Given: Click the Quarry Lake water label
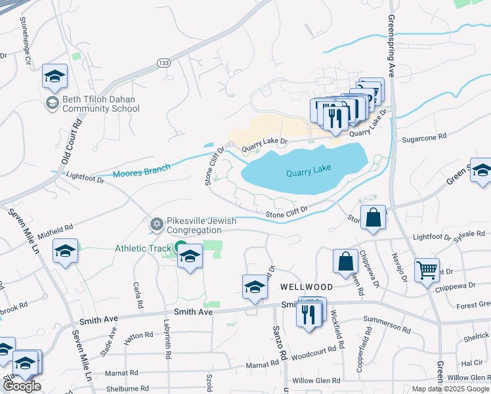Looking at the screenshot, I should (x=309, y=173).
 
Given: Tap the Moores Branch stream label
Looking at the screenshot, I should (x=141, y=171).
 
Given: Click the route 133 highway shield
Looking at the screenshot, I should (x=164, y=62).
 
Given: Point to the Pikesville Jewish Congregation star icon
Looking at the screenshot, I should (x=156, y=225).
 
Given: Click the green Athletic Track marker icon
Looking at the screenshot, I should (x=181, y=248).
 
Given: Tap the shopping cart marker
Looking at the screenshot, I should (x=427, y=269).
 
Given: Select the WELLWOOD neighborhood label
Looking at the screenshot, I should (x=305, y=288).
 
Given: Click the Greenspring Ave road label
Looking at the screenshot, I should (x=392, y=46).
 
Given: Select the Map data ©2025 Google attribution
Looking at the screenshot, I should (x=451, y=389).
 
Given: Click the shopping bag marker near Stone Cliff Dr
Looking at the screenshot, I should (x=373, y=218).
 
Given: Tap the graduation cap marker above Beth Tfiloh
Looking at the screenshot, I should (x=55, y=76).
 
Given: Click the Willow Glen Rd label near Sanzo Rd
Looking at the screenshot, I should (x=316, y=380).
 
